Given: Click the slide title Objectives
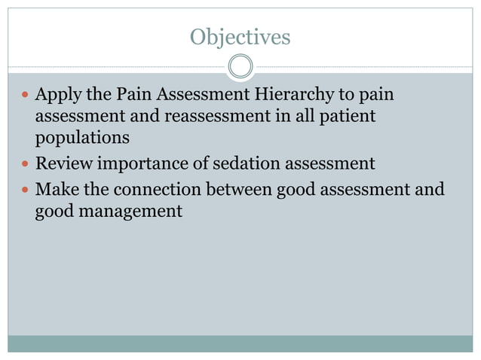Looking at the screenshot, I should click(x=240, y=36).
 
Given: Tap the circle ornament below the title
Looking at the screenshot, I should click(x=240, y=67).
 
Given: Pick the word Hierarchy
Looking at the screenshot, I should click(x=281, y=96).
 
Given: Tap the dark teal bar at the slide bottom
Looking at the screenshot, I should click(x=240, y=343).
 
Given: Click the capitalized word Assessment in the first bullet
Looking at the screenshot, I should click(x=201, y=96).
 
